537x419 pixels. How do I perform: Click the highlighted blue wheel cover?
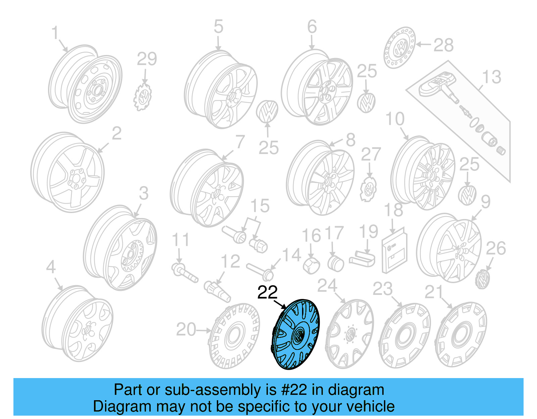(295, 334)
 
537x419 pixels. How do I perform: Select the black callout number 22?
(267, 293)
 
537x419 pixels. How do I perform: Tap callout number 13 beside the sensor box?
(491, 77)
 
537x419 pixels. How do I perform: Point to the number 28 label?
(443, 45)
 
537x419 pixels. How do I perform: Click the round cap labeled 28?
(399, 48)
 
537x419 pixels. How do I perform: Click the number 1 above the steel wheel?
(55, 33)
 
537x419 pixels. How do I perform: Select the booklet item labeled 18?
(394, 250)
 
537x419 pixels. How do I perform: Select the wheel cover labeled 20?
(234, 335)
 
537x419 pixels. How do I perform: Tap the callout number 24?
(327, 286)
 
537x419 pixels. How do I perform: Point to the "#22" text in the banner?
(294, 390)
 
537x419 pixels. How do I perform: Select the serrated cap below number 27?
(368, 190)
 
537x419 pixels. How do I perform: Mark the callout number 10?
(395, 119)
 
